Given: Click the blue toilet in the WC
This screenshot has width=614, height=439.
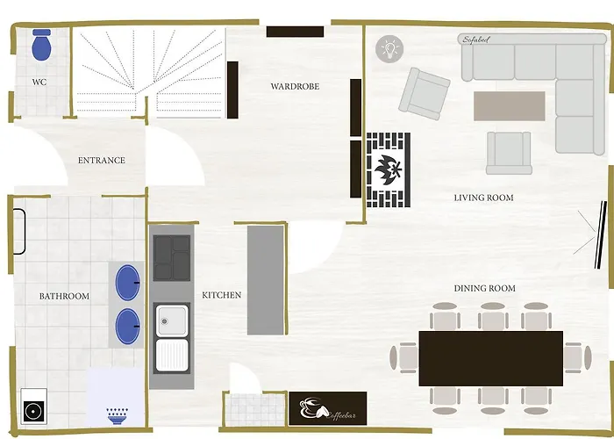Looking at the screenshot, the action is (41, 45).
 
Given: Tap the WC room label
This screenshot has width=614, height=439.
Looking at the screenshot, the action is (39, 83).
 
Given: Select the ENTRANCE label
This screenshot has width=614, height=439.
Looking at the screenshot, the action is (102, 161).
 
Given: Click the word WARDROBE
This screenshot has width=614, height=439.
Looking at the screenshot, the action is (295, 86).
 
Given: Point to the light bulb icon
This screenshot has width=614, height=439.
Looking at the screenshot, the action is (389, 48).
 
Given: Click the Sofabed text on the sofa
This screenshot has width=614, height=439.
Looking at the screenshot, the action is (475, 40).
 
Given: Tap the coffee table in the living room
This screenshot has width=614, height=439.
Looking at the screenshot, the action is (509, 106).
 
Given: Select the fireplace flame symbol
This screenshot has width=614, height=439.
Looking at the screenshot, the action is (388, 169).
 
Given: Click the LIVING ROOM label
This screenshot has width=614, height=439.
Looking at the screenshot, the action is (483, 198).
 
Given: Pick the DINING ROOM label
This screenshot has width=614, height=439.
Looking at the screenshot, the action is (484, 289).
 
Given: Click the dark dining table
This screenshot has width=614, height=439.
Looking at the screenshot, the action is (490, 358).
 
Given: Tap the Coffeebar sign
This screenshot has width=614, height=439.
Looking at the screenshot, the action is (328, 408).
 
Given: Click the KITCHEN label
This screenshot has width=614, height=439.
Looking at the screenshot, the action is (222, 295).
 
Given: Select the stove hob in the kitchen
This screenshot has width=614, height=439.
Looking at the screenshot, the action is (172, 258).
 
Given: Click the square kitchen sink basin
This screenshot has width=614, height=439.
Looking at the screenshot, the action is (172, 320).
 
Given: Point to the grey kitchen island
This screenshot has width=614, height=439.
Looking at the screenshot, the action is (266, 280).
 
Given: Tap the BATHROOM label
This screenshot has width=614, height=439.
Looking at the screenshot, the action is (64, 297).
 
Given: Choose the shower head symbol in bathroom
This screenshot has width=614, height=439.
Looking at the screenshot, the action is (117, 416).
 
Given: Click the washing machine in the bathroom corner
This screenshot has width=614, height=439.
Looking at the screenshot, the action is (33, 407).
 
